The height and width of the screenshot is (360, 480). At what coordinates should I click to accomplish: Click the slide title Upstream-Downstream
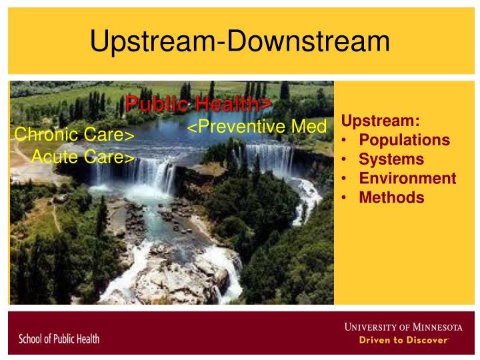tap(240, 41)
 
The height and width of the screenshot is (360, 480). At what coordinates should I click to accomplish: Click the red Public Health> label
tap(199, 105)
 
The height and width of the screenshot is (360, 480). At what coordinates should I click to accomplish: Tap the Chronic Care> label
tap(75, 135)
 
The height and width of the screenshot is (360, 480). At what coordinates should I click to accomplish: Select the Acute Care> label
tap(83, 157)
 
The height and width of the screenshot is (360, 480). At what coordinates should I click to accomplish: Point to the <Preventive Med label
tap(257, 127)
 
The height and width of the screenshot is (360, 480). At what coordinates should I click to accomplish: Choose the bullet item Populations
tap(404, 141)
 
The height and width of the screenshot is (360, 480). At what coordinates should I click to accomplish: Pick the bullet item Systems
tap(391, 159)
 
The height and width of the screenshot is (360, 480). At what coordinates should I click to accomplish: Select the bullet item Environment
tap(407, 179)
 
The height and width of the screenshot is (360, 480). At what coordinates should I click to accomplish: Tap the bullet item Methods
tap(391, 197)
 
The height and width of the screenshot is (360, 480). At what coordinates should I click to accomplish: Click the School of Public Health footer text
tap(59, 339)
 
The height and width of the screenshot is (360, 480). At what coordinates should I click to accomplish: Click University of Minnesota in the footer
tap(403, 327)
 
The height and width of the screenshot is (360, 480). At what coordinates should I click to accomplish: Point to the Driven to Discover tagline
tap(404, 340)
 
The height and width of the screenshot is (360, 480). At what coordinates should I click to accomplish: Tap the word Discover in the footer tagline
tap(427, 340)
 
